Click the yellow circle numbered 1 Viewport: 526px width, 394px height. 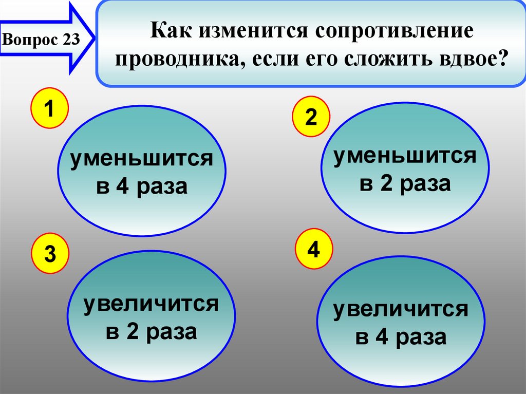pyautogui.click(x=49, y=109)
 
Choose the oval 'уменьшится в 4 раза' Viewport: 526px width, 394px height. pyautogui.click(x=142, y=172)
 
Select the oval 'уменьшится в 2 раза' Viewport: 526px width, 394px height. pyautogui.click(x=405, y=168)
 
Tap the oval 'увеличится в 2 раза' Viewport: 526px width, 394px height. pyautogui.click(x=151, y=316)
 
